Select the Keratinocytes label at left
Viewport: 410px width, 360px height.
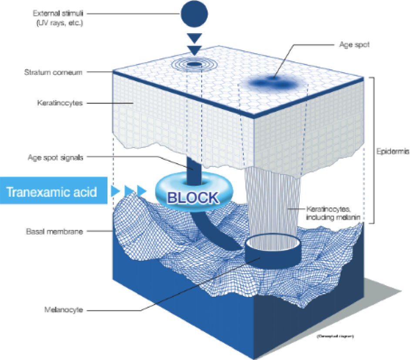pyautogui.click(x=63, y=103)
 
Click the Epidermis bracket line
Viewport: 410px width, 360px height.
pyautogui.click(x=373, y=150)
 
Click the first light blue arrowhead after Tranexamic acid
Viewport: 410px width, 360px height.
pyautogui.click(x=116, y=190)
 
